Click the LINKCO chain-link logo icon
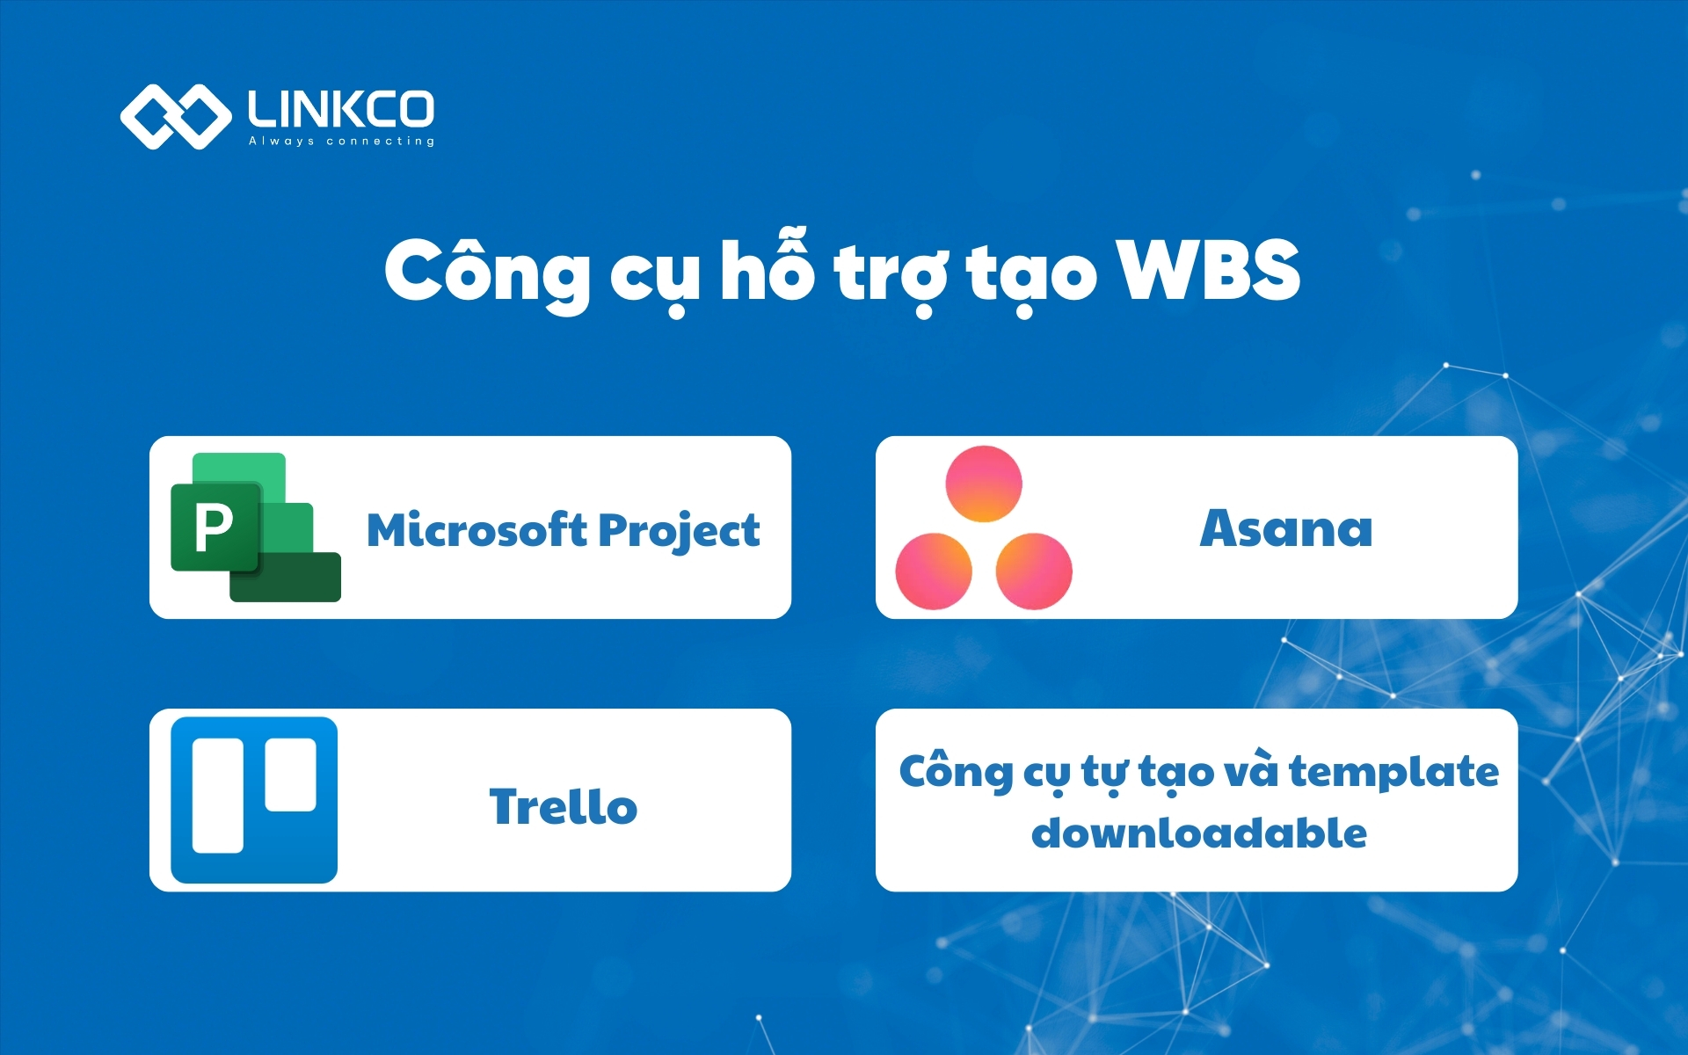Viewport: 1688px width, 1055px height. [x=175, y=116]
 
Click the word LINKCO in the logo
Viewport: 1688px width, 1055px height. [x=341, y=109]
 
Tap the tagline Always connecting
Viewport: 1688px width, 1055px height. [x=341, y=141]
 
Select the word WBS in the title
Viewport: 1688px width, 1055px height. [x=1208, y=271]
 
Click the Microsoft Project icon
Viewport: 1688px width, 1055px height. [x=255, y=527]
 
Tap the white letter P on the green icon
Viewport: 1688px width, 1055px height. [x=214, y=527]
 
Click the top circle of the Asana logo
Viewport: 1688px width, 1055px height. [x=984, y=484]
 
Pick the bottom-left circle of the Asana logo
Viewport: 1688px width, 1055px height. [x=934, y=571]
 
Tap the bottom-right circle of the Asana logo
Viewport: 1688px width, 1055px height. [x=1034, y=571]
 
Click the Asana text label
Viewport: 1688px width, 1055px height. [x=1285, y=529]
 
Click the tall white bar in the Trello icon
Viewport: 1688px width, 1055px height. [x=218, y=796]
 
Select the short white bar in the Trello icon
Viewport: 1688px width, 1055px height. [x=291, y=775]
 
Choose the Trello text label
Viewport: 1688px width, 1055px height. [x=564, y=806]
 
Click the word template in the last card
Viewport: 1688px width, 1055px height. [x=1393, y=772]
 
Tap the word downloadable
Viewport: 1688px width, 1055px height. [x=1198, y=833]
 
